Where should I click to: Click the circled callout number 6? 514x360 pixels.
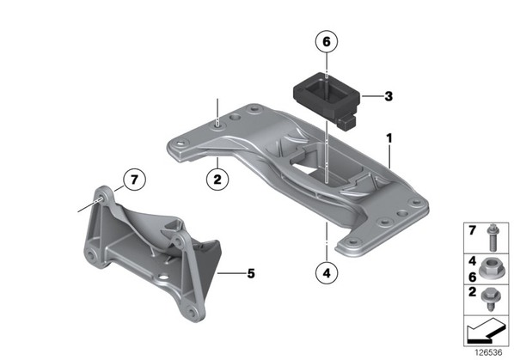tap(327, 41)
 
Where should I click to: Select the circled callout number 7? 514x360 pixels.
tap(134, 180)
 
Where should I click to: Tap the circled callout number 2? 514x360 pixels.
tap(217, 180)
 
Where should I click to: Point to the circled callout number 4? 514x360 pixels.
tap(327, 272)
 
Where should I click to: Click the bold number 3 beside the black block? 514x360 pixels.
tap(389, 96)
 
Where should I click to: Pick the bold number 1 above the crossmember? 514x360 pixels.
tap(389, 138)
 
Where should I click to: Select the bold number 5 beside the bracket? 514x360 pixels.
tap(251, 273)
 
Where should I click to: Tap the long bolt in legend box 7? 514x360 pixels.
tap(492, 237)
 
